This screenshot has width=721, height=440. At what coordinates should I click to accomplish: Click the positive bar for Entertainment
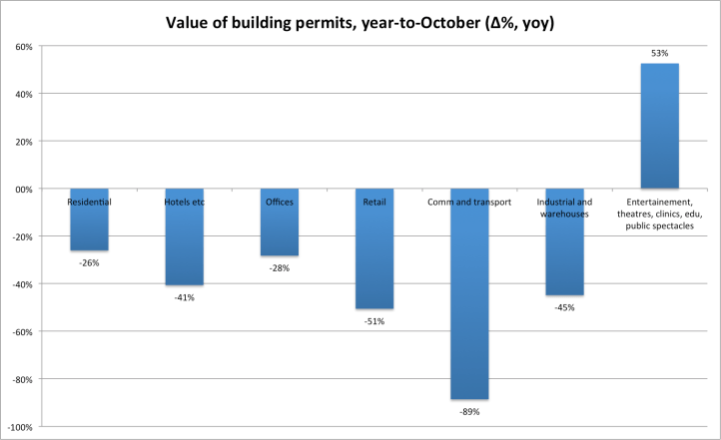pyautogui.click(x=659, y=126)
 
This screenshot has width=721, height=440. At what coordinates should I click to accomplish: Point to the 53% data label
pyautogui.click(x=659, y=53)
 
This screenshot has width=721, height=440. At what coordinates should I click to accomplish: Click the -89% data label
pyautogui.click(x=469, y=411)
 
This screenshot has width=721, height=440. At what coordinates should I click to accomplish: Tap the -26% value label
pyautogui.click(x=89, y=262)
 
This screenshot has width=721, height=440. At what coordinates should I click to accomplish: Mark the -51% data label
pyautogui.click(x=374, y=321)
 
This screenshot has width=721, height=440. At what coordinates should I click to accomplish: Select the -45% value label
pyautogui.click(x=564, y=307)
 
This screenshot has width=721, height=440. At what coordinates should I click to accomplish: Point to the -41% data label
pyautogui.click(x=184, y=297)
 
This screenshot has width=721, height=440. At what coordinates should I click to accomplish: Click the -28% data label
pyautogui.click(x=279, y=267)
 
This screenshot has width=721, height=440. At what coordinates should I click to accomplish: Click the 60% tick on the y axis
pyautogui.click(x=23, y=47)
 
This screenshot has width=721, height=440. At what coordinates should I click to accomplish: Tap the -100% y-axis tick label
pyautogui.click(x=20, y=427)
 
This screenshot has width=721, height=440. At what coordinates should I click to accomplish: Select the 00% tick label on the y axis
pyautogui.click(x=23, y=190)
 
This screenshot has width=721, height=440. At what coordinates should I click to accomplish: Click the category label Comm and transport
pyautogui.click(x=469, y=202)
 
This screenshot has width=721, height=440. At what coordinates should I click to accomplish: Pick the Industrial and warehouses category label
pyautogui.click(x=564, y=207)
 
